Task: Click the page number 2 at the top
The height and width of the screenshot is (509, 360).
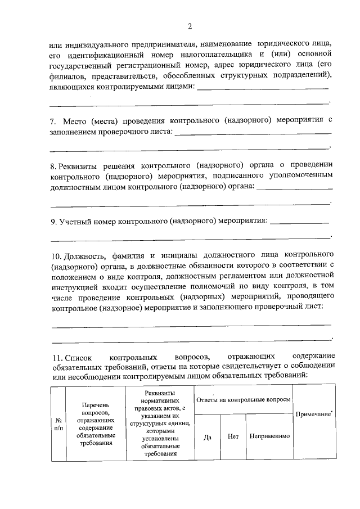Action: (x=190, y=26)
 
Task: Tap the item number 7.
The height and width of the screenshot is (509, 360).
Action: (x=53, y=121)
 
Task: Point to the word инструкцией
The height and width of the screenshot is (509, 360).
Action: (x=76, y=286)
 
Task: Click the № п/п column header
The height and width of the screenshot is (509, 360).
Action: (x=58, y=423)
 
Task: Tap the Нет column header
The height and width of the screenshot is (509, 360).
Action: (x=233, y=436)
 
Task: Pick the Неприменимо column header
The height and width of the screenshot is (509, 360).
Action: (x=270, y=436)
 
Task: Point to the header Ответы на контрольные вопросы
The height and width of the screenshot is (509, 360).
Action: (x=243, y=399)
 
